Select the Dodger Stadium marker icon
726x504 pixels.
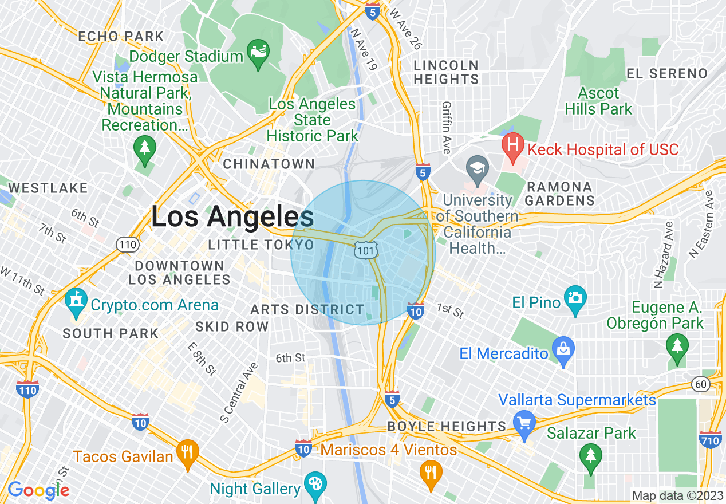click(258, 53)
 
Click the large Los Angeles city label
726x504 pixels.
click(232, 216)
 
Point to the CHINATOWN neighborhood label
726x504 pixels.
click(269, 164)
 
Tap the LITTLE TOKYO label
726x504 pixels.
click(261, 245)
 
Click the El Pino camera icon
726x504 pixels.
click(575, 298)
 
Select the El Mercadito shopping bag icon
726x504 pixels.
click(563, 349)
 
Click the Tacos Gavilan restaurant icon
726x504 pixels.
click(187, 452)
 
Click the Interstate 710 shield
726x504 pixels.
click(710, 439)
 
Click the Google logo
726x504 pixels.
click(38, 490)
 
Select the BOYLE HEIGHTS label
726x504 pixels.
click(447, 427)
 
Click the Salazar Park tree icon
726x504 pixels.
click(590, 456)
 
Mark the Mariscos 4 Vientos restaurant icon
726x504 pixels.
click(431, 473)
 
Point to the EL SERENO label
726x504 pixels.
click(667, 73)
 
